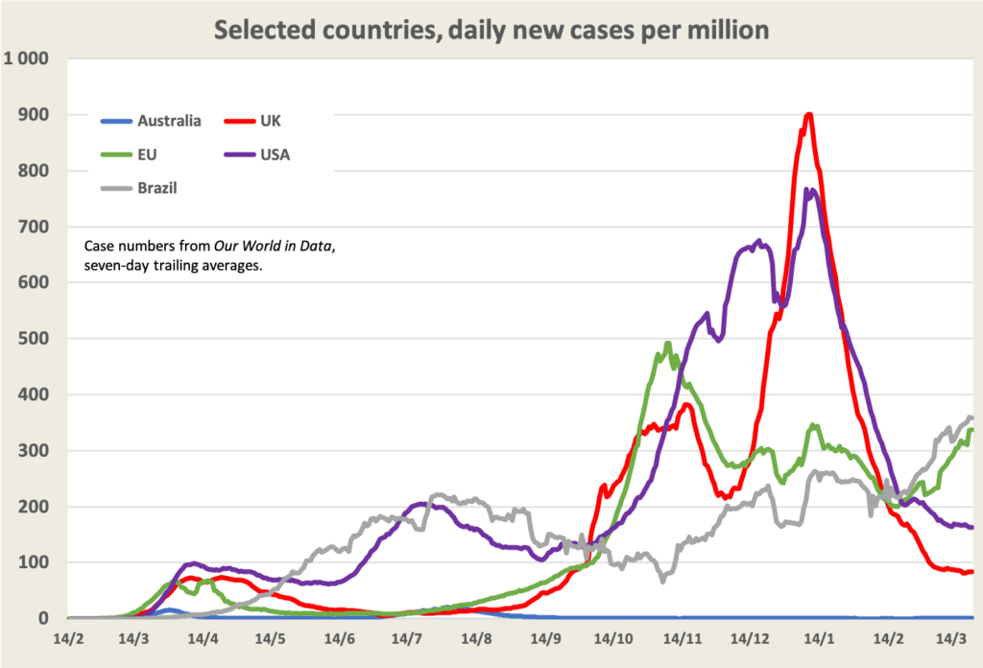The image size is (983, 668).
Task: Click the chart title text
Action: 491,30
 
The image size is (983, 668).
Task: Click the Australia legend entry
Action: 169,121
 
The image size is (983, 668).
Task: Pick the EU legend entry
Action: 149,155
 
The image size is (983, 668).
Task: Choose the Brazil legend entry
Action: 156,188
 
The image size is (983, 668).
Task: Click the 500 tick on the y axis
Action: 38,339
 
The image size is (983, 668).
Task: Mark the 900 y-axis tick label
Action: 38,115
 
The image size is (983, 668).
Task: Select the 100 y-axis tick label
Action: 38,562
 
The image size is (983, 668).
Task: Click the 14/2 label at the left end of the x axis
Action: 68,637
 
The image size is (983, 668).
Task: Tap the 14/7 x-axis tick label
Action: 408,637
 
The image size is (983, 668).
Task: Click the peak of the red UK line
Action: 809,114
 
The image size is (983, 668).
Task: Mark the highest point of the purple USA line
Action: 808,189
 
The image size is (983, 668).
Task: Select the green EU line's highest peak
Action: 668,343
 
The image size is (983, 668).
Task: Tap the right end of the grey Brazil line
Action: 971,417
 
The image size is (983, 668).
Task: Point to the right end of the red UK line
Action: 972,571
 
